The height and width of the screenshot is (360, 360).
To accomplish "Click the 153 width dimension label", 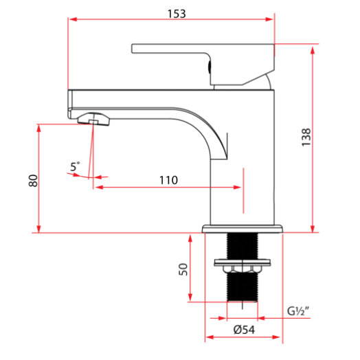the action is click(x=177, y=14).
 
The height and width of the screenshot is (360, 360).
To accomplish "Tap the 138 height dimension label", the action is click(x=306, y=137).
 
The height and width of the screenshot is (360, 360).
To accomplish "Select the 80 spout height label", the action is click(x=33, y=181).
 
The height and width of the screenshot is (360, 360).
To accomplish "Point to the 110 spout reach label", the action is click(x=168, y=180).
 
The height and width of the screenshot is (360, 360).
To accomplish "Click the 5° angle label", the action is click(x=75, y=166).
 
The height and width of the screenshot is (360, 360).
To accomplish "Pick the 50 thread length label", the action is click(x=183, y=269).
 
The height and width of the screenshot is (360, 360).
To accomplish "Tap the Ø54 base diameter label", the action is click(x=244, y=330).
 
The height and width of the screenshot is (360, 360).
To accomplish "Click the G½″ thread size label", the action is click(x=298, y=311).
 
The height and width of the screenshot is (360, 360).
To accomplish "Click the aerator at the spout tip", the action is click(x=93, y=119).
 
